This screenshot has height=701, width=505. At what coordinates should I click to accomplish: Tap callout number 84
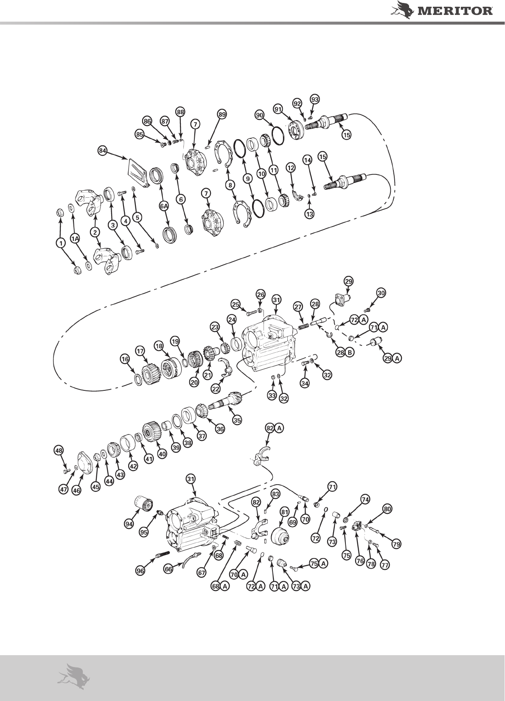(102, 151)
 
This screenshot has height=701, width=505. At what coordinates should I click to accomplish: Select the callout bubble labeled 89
(222, 114)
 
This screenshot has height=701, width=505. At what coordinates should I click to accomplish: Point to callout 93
(314, 99)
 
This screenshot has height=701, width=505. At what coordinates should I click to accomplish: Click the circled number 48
(59, 449)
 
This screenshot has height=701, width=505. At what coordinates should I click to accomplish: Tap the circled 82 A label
(274, 429)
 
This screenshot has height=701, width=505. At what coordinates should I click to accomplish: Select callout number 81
(285, 512)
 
